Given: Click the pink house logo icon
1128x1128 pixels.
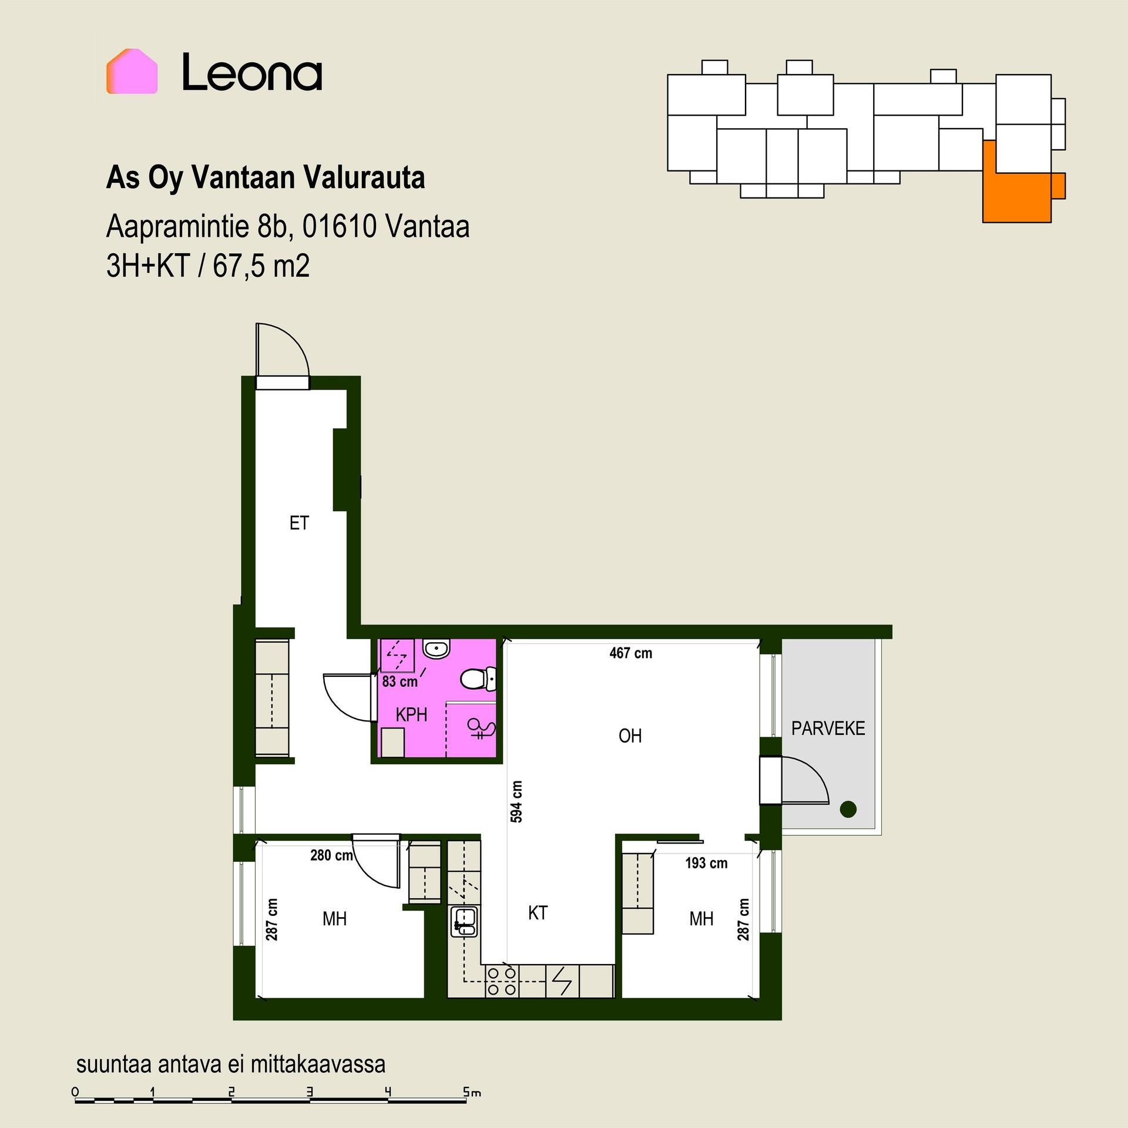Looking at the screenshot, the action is coord(132,71).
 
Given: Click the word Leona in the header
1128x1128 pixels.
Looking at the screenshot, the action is coord(252,72).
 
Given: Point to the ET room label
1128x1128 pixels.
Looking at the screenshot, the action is coord(299,523).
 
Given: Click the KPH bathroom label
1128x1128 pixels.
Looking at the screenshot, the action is coord(411,714).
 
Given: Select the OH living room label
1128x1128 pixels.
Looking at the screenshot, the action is coord(630,736).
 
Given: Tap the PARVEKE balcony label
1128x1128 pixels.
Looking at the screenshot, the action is coord(828,728).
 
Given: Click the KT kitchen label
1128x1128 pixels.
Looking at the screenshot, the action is coord(538,912).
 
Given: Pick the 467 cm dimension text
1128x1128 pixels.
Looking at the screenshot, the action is coord(630,653).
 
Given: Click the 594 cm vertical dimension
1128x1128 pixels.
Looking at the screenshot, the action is coord(516,801).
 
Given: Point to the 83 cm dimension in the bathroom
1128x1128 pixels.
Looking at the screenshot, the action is coord(399,681).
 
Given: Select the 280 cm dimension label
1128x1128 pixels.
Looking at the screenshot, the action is coord(331,855).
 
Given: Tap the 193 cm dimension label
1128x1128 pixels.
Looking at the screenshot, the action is coord(706,863).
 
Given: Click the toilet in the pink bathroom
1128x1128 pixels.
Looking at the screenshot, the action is coord(478,680).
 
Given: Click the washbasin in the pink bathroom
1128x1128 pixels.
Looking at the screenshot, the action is coord(436,650).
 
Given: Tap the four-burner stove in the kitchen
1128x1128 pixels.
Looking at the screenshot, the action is coord(502,981).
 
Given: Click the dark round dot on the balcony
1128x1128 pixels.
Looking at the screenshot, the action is coord(848,809).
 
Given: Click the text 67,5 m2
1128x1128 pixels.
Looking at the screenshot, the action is coord(261,266).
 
